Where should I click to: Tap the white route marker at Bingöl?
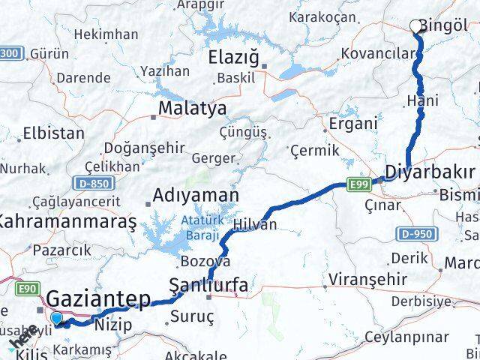[x=415, y=27]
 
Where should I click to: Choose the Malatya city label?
[x=192, y=109]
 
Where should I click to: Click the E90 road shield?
[x=28, y=286]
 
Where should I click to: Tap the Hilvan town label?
[x=255, y=224]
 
